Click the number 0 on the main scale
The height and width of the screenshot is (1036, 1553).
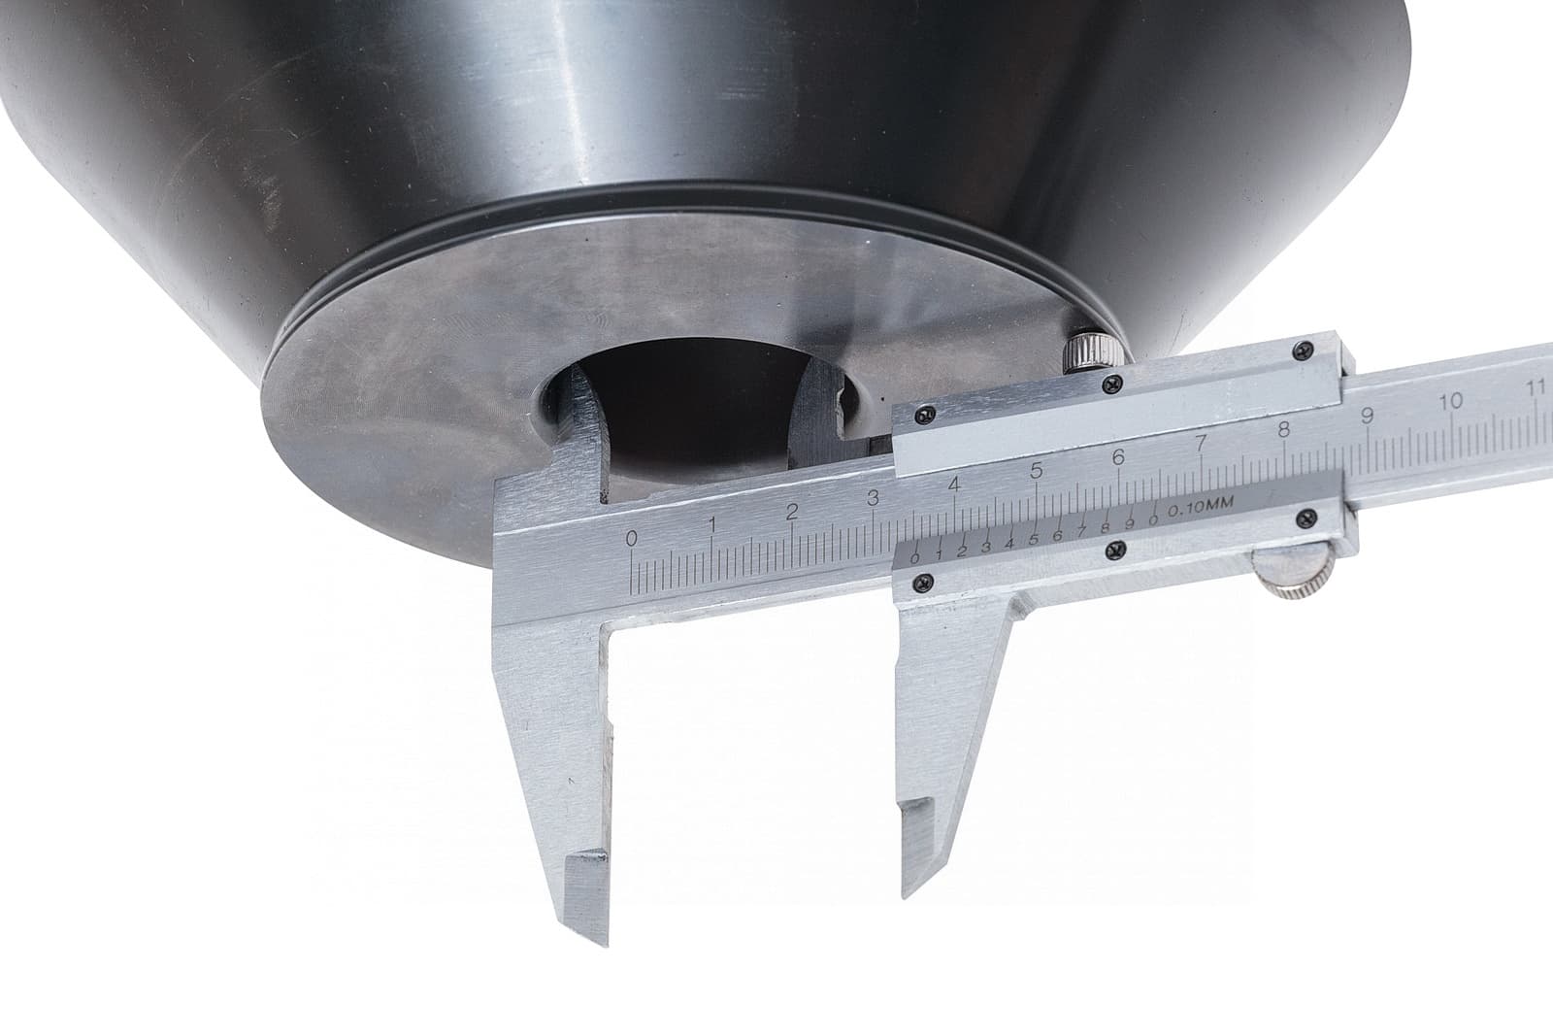click(631, 538)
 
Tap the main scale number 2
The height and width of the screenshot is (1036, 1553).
click(792, 512)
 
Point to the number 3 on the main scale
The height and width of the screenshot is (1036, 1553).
click(873, 498)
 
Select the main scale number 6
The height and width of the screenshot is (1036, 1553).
click(1118, 457)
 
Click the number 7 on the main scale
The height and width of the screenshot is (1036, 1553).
click(1202, 443)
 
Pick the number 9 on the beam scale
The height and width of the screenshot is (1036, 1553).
click(1368, 416)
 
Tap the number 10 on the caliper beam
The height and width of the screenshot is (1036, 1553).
click(1450, 402)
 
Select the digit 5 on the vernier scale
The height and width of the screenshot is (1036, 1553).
click(1033, 540)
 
